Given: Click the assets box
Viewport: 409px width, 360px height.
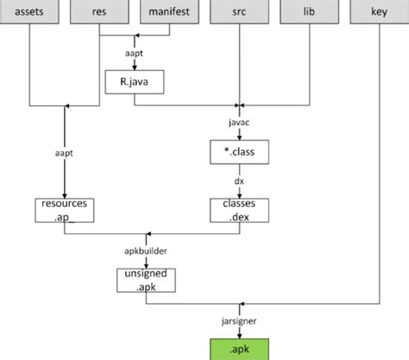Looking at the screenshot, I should point(30,13).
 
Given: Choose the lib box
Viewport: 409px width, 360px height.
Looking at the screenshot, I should point(307,13).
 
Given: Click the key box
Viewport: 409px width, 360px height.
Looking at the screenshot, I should point(378,13).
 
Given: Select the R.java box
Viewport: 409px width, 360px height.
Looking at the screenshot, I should point(134,82).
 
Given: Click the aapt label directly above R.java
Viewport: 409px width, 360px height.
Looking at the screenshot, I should point(134,54).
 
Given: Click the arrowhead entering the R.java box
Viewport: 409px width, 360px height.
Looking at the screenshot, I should point(134,68).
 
